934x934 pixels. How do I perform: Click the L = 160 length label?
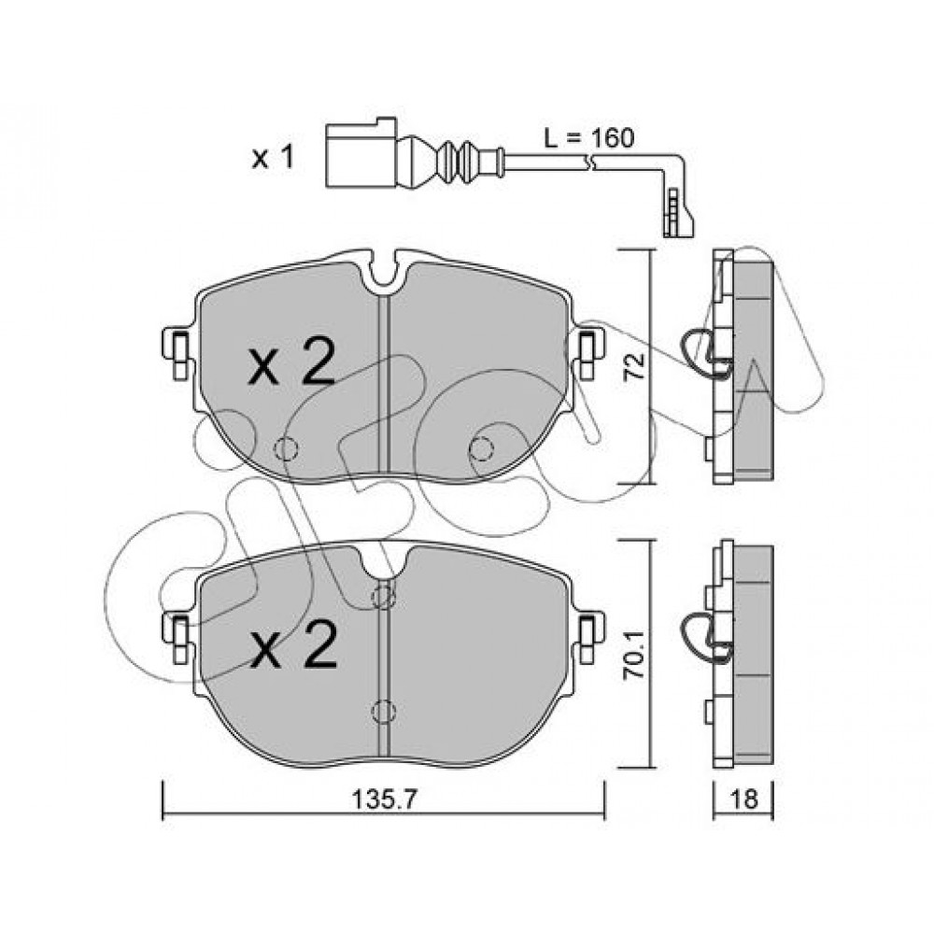(x=588, y=138)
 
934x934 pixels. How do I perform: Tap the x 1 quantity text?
(x=273, y=159)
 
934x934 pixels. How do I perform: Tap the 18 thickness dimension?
(x=743, y=800)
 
